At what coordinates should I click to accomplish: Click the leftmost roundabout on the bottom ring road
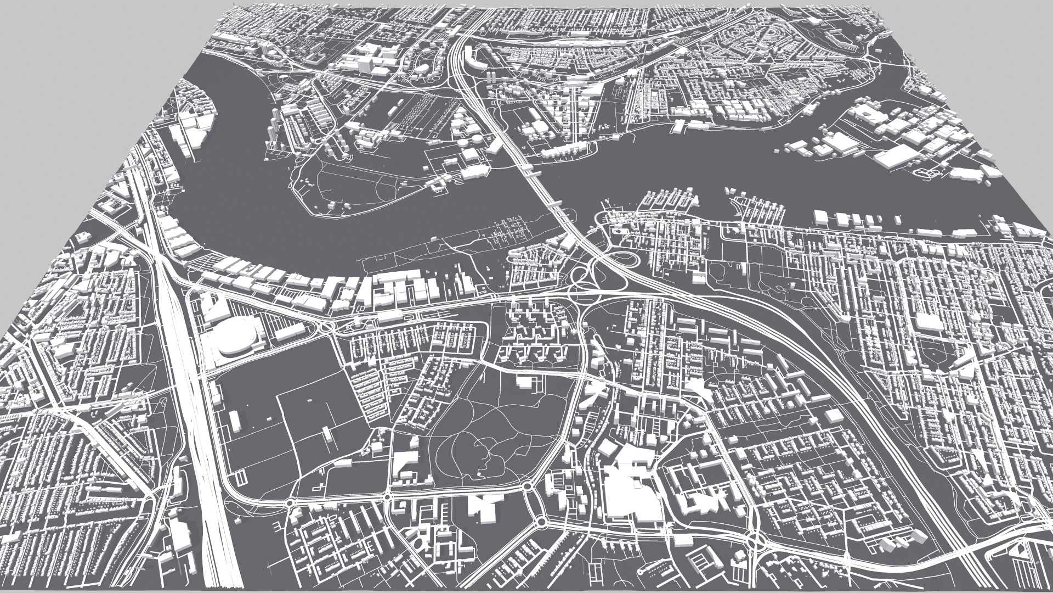click(x=290, y=503)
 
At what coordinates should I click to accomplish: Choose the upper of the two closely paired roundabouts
click(x=528, y=486)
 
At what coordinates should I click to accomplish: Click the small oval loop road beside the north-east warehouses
click(x=929, y=174)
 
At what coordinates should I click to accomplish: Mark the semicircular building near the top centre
click(x=422, y=69)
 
